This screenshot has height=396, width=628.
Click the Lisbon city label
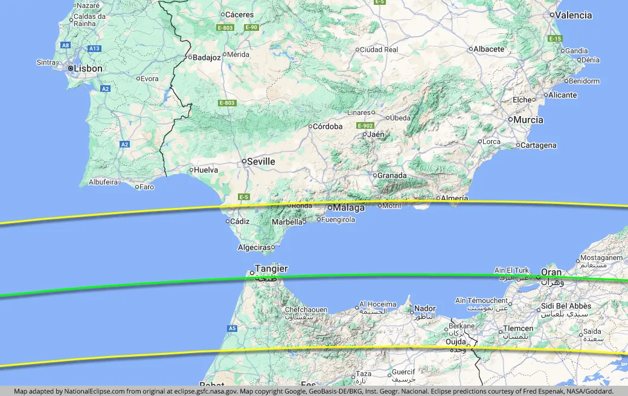(88, 68)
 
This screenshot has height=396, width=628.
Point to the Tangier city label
(271, 268)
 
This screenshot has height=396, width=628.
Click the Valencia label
(574, 15)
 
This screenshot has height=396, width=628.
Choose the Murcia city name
(529, 120)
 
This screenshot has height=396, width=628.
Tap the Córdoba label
(328, 126)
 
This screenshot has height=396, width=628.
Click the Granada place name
(392, 175)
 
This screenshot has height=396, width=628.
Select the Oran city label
(551, 272)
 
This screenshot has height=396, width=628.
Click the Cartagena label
(539, 145)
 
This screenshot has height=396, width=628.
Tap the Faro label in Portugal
(147, 187)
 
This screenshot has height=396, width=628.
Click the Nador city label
(425, 308)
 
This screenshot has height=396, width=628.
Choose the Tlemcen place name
(518, 329)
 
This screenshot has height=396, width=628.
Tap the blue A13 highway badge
(94, 48)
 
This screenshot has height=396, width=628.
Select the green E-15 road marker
(556, 39)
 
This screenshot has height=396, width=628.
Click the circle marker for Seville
(244, 161)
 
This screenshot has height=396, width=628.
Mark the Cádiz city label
(240, 221)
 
